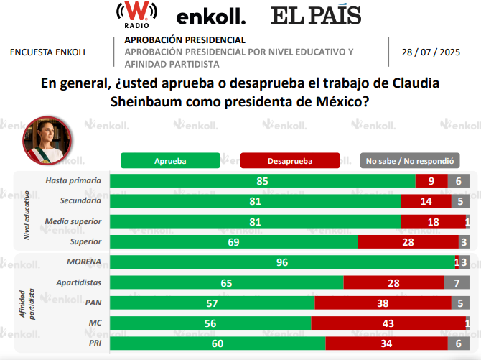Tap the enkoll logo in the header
click(210, 16)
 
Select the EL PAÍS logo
click(316, 15)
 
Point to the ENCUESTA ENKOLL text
click(49, 52)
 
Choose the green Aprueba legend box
click(169, 161)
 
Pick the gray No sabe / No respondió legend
click(410, 161)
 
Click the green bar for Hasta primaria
click(262, 181)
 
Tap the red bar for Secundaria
click(426, 201)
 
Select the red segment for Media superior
click(433, 222)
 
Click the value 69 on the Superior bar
click(233, 242)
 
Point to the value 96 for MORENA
click(282, 262)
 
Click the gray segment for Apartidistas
click(457, 283)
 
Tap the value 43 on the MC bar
click(388, 323)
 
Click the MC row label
click(93, 323)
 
